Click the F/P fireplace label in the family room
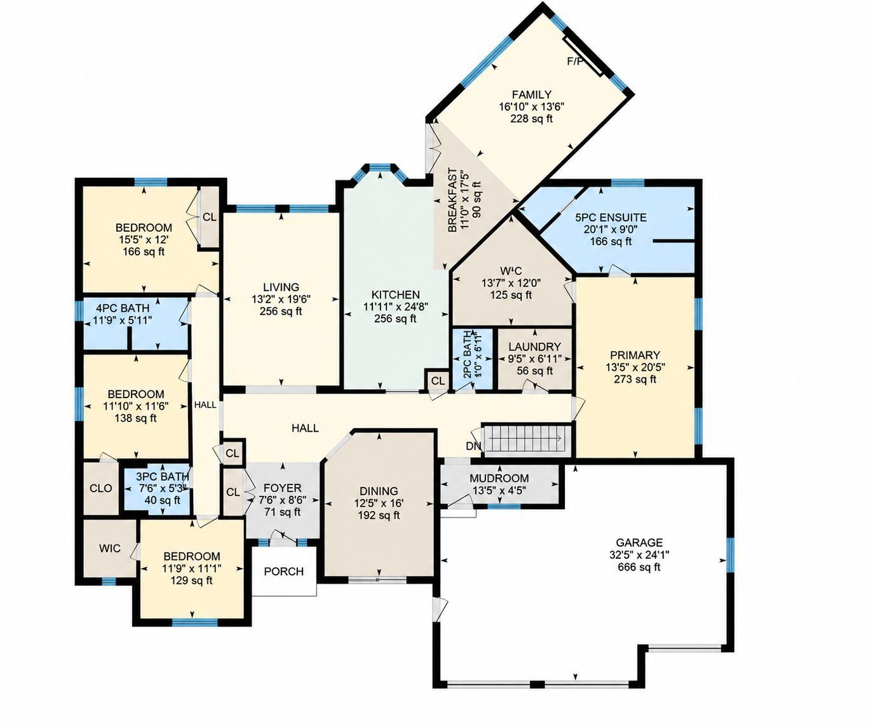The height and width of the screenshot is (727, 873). [574, 62]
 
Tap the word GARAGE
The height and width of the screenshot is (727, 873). [639, 543]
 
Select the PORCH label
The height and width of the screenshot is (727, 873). [284, 571]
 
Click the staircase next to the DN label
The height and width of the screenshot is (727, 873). [525, 438]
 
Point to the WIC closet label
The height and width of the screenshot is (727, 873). [110, 548]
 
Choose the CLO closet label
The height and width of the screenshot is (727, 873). [101, 488]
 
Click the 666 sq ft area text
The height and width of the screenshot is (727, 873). [639, 567]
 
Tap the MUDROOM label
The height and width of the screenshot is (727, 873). [499, 478]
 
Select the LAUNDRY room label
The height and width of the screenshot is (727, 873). [535, 347]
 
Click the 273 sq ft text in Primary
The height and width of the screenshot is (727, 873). [635, 379]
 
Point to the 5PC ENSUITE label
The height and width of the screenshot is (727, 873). [611, 217]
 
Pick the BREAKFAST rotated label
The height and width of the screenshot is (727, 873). [452, 200]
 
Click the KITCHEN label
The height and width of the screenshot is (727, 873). [396, 295]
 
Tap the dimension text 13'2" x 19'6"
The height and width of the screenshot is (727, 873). [281, 299]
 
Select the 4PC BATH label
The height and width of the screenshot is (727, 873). [123, 309]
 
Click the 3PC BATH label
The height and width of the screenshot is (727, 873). [162, 476]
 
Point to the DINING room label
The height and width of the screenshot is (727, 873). [379, 491]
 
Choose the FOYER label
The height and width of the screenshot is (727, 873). [283, 488]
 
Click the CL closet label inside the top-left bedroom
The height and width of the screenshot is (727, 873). [210, 217]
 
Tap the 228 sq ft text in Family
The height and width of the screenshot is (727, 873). [531, 119]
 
